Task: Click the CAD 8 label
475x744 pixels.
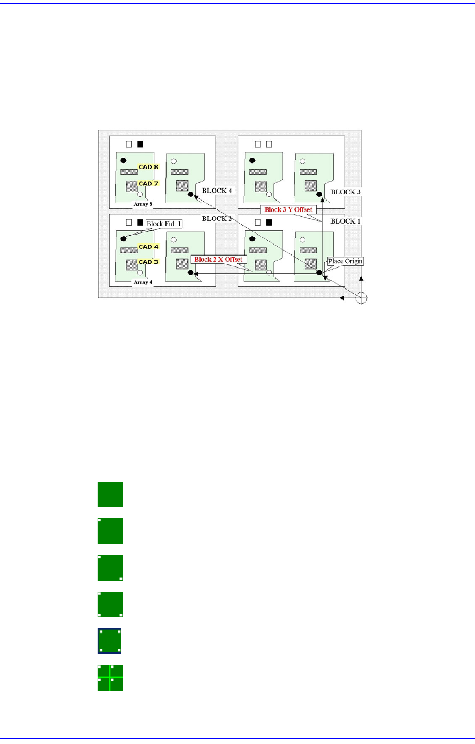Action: pyautogui.click(x=148, y=167)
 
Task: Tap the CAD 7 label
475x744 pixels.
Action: pyautogui.click(x=148, y=184)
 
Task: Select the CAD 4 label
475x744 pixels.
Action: pyautogui.click(x=148, y=247)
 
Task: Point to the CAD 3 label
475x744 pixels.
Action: pyautogui.click(x=148, y=262)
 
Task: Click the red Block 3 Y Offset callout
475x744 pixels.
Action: pyautogui.click(x=288, y=209)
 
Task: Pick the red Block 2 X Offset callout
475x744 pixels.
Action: pyautogui.click(x=218, y=259)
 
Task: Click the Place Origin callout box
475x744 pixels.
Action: pyautogui.click(x=345, y=261)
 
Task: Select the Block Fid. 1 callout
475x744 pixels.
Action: pyautogui.click(x=163, y=224)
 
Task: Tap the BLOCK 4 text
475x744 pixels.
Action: pyautogui.click(x=217, y=191)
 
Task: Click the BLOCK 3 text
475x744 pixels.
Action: pyautogui.click(x=345, y=192)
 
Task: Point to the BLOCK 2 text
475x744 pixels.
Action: pyautogui.click(x=217, y=219)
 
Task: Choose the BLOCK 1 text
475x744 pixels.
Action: pyautogui.click(x=345, y=221)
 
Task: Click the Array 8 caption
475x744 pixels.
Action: pyautogui.click(x=143, y=204)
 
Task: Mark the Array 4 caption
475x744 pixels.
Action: pyautogui.click(x=143, y=282)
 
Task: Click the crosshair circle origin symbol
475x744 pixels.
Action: pyautogui.click(x=361, y=298)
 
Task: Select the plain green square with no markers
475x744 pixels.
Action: pyautogui.click(x=111, y=494)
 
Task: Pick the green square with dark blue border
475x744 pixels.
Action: pyautogui.click(x=110, y=641)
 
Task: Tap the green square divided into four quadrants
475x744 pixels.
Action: pyautogui.click(x=111, y=678)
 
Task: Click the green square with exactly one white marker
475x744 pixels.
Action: pyautogui.click(x=111, y=531)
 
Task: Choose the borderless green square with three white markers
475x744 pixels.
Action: pyautogui.click(x=111, y=604)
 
